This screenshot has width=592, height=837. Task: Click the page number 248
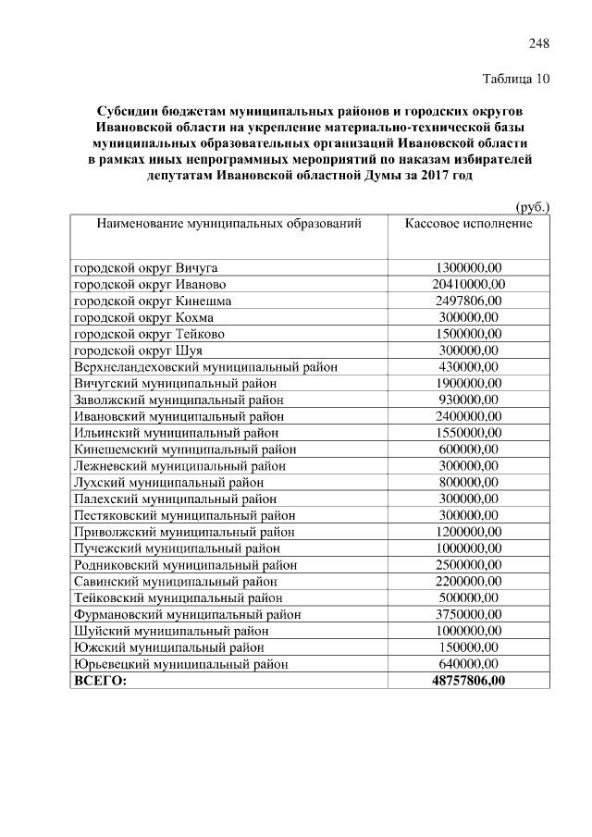pyautogui.click(x=539, y=43)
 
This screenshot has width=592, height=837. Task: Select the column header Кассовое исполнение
pyautogui.click(x=469, y=225)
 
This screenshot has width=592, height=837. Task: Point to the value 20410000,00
pyautogui.click(x=469, y=284)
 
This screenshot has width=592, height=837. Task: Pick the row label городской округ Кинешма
pyautogui.click(x=153, y=301)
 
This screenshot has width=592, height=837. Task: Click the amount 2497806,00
pyautogui.click(x=469, y=301)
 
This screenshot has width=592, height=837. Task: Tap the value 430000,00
pyautogui.click(x=469, y=367)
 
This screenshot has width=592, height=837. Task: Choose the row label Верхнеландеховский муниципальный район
pyautogui.click(x=205, y=367)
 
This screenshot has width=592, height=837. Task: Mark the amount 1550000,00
pyautogui.click(x=469, y=433)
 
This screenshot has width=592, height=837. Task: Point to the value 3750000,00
pyautogui.click(x=469, y=614)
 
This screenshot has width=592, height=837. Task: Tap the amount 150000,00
pyautogui.click(x=469, y=647)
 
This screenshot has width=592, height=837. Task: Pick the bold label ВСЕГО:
pyautogui.click(x=100, y=681)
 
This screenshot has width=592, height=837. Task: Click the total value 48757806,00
pyautogui.click(x=469, y=681)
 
